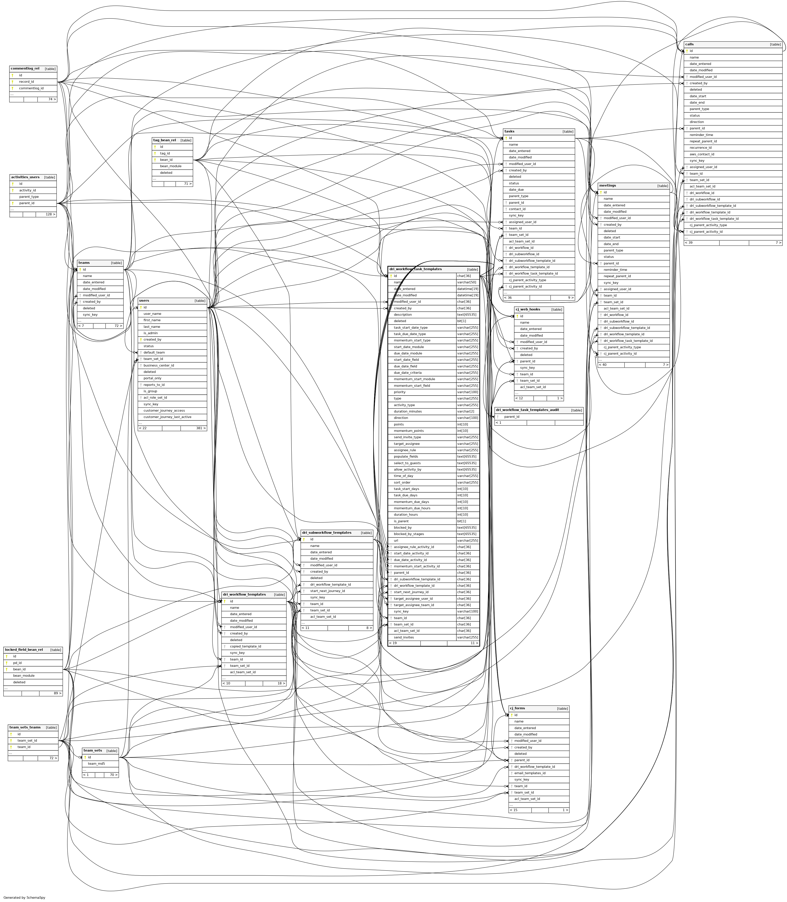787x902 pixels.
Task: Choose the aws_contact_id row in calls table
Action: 702,154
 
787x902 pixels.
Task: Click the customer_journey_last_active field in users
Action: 167,417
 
